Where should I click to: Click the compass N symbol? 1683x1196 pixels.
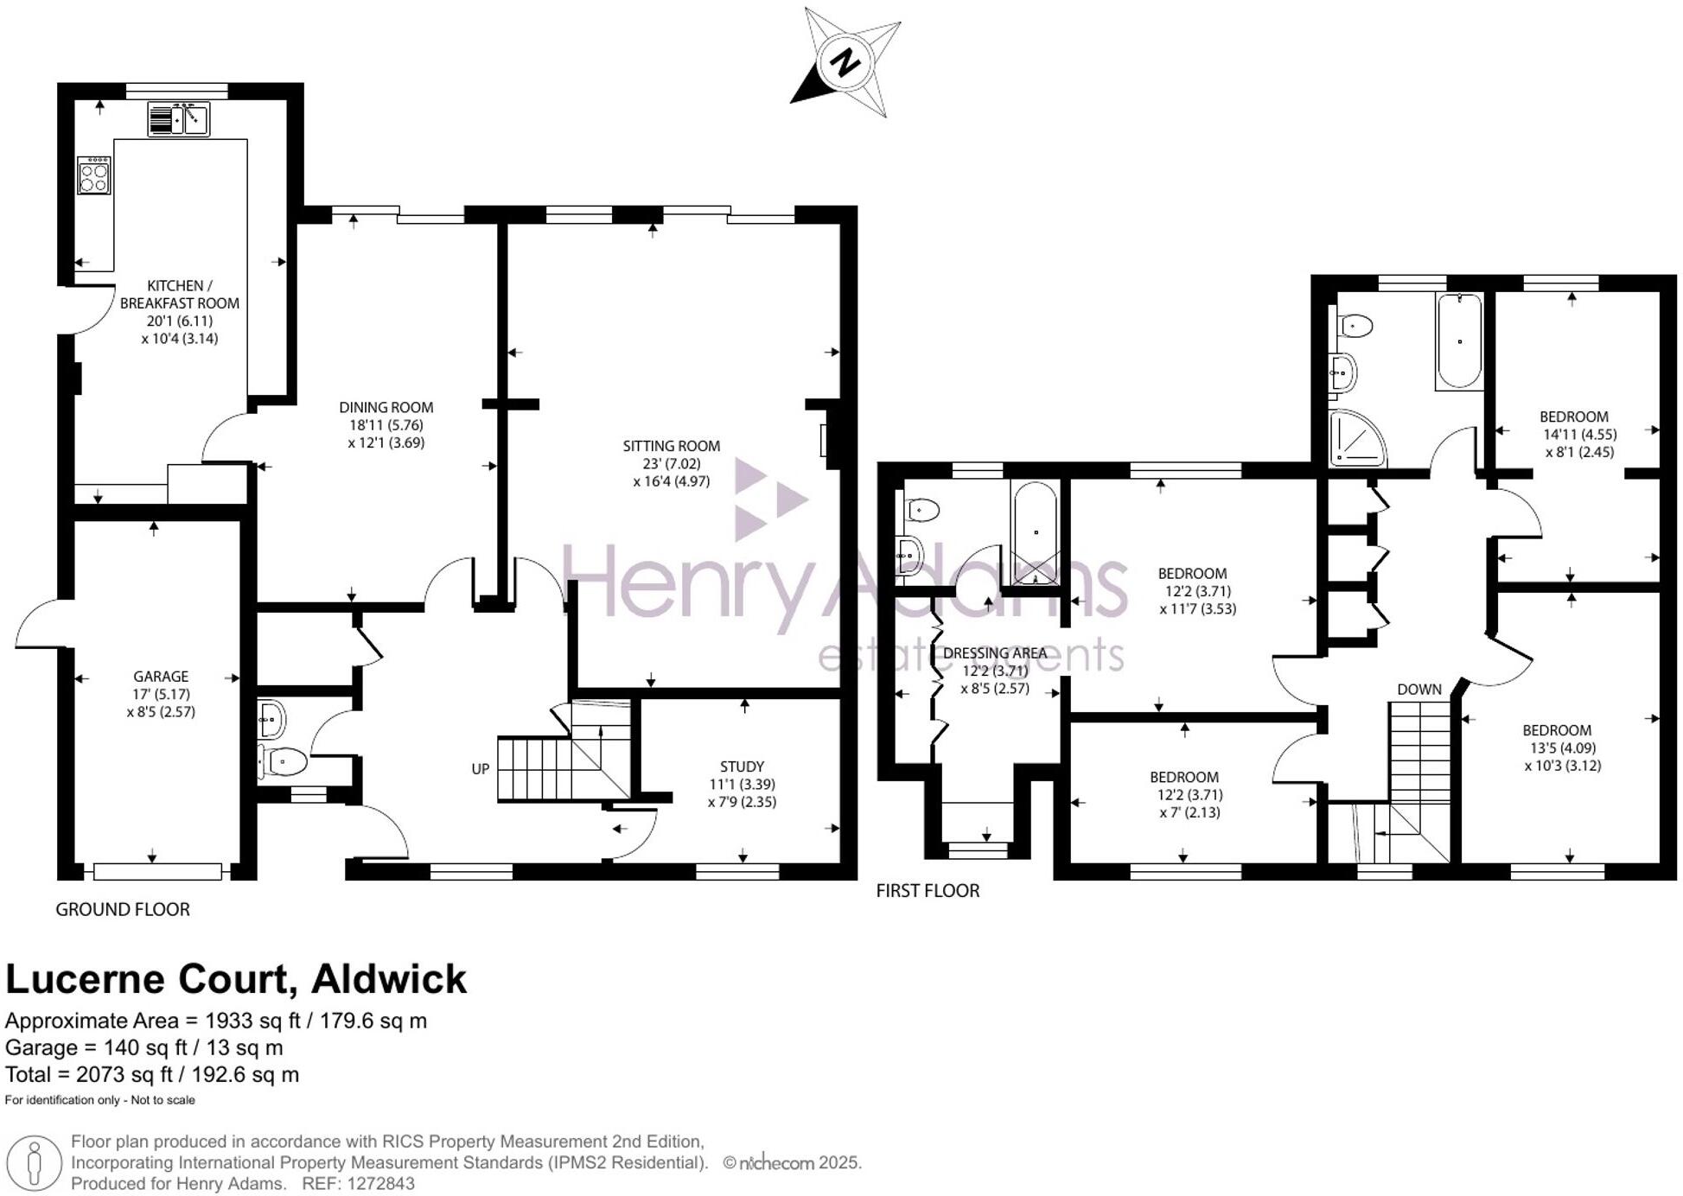point(845,62)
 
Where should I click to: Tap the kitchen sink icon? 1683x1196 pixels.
point(178,118)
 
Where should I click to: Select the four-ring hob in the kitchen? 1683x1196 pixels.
point(93,175)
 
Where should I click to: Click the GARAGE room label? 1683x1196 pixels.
point(161,677)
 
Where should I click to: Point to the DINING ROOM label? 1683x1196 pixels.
point(386,407)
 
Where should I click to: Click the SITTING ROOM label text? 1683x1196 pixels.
point(671,446)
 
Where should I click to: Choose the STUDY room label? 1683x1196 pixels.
point(742,767)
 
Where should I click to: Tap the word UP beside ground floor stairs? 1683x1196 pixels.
point(481,769)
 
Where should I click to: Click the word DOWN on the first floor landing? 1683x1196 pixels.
point(1419,689)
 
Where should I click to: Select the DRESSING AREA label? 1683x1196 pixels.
point(994,652)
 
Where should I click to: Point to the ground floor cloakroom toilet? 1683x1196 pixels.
point(284,762)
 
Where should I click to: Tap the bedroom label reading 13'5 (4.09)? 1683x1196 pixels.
point(1559,747)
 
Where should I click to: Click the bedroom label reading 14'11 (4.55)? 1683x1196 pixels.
point(1579,434)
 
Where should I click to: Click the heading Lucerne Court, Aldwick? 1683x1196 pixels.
point(236,979)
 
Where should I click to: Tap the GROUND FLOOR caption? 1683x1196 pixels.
point(123,909)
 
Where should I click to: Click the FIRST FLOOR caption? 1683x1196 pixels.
point(928,890)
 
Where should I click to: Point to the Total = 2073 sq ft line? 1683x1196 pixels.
point(152,1074)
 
